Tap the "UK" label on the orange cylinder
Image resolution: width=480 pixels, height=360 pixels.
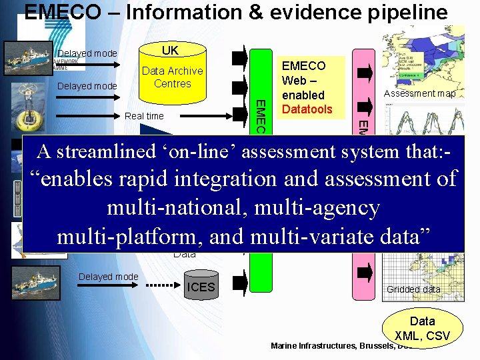click(170, 51)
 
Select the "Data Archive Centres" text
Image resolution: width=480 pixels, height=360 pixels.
click(172, 77)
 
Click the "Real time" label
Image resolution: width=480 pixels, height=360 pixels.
click(144, 116)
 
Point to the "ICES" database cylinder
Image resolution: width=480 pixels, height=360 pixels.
click(201, 287)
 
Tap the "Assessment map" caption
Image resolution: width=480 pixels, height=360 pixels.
click(419, 94)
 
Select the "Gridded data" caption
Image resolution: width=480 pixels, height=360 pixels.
click(413, 289)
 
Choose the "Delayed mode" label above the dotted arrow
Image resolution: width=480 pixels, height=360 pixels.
click(108, 277)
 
